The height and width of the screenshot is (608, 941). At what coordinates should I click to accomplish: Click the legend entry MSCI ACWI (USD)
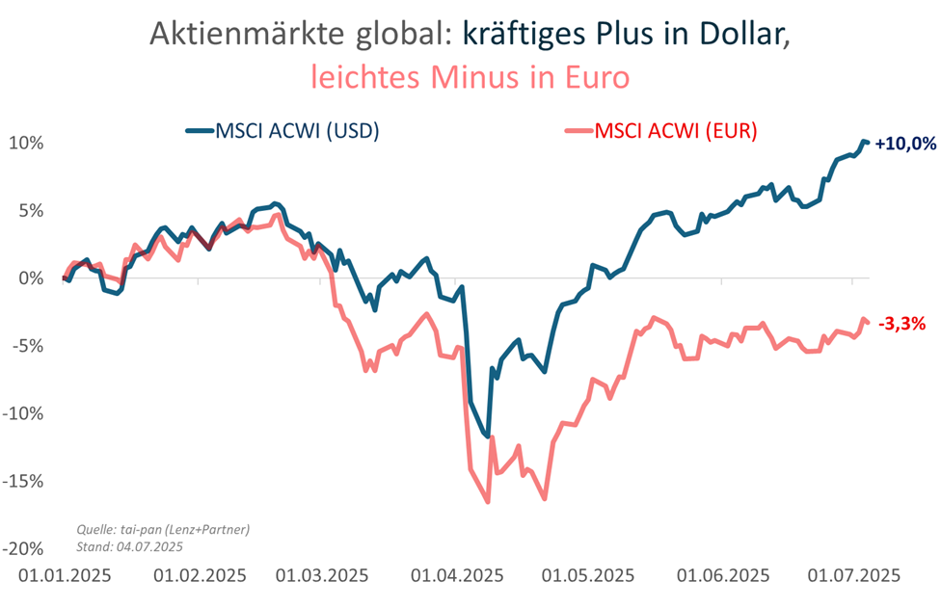pyautogui.click(x=283, y=131)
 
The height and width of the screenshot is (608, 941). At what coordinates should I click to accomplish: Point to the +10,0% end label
pyautogui.click(x=906, y=144)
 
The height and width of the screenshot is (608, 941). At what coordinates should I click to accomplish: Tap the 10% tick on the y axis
pyautogui.click(x=27, y=143)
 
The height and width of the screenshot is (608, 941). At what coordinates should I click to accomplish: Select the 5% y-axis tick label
pyautogui.click(x=32, y=210)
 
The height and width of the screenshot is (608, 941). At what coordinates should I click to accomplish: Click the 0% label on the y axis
pyautogui.click(x=32, y=278)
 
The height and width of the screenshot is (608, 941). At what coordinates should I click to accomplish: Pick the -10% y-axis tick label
pyautogui.click(x=25, y=413)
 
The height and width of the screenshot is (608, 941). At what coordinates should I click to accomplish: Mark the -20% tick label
pyautogui.click(x=25, y=549)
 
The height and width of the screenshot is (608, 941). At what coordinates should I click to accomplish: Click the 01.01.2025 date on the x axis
pyautogui.click(x=66, y=575)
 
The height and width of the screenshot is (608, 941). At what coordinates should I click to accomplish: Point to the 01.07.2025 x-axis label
pyautogui.click(x=854, y=575)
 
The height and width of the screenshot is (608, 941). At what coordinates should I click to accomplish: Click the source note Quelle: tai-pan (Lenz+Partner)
pyautogui.click(x=162, y=529)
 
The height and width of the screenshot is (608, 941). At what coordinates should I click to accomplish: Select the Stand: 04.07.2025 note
pyautogui.click(x=128, y=546)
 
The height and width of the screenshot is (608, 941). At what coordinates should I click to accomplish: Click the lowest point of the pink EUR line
pyautogui.click(x=488, y=501)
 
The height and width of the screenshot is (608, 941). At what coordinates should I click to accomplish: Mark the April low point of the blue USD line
pyautogui.click(x=488, y=436)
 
